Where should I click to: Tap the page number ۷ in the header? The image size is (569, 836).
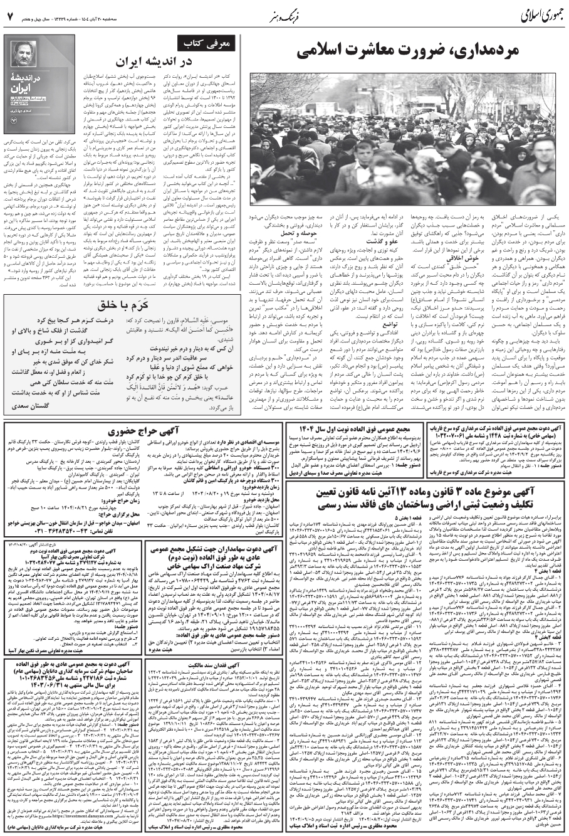click(x=9, y=13)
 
